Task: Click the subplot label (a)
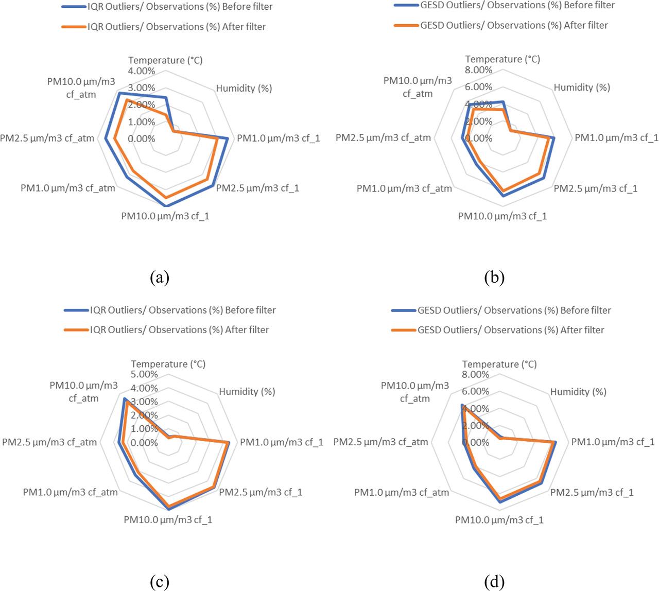point(159,277)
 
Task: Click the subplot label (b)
point(494,277)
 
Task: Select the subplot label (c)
point(159,582)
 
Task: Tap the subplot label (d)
point(494,582)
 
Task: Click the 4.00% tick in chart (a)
point(142,71)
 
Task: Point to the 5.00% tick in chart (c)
point(145,374)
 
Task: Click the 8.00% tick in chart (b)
point(479,70)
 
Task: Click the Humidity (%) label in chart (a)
point(244,89)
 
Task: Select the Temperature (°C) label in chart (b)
point(502,59)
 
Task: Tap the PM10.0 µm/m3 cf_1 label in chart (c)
point(168,519)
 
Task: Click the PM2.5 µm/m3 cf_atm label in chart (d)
point(380,442)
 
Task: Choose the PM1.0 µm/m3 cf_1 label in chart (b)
point(616,137)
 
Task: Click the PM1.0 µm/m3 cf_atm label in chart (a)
point(68,188)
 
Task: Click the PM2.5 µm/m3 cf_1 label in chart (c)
point(261,492)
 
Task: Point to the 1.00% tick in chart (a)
point(142,122)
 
